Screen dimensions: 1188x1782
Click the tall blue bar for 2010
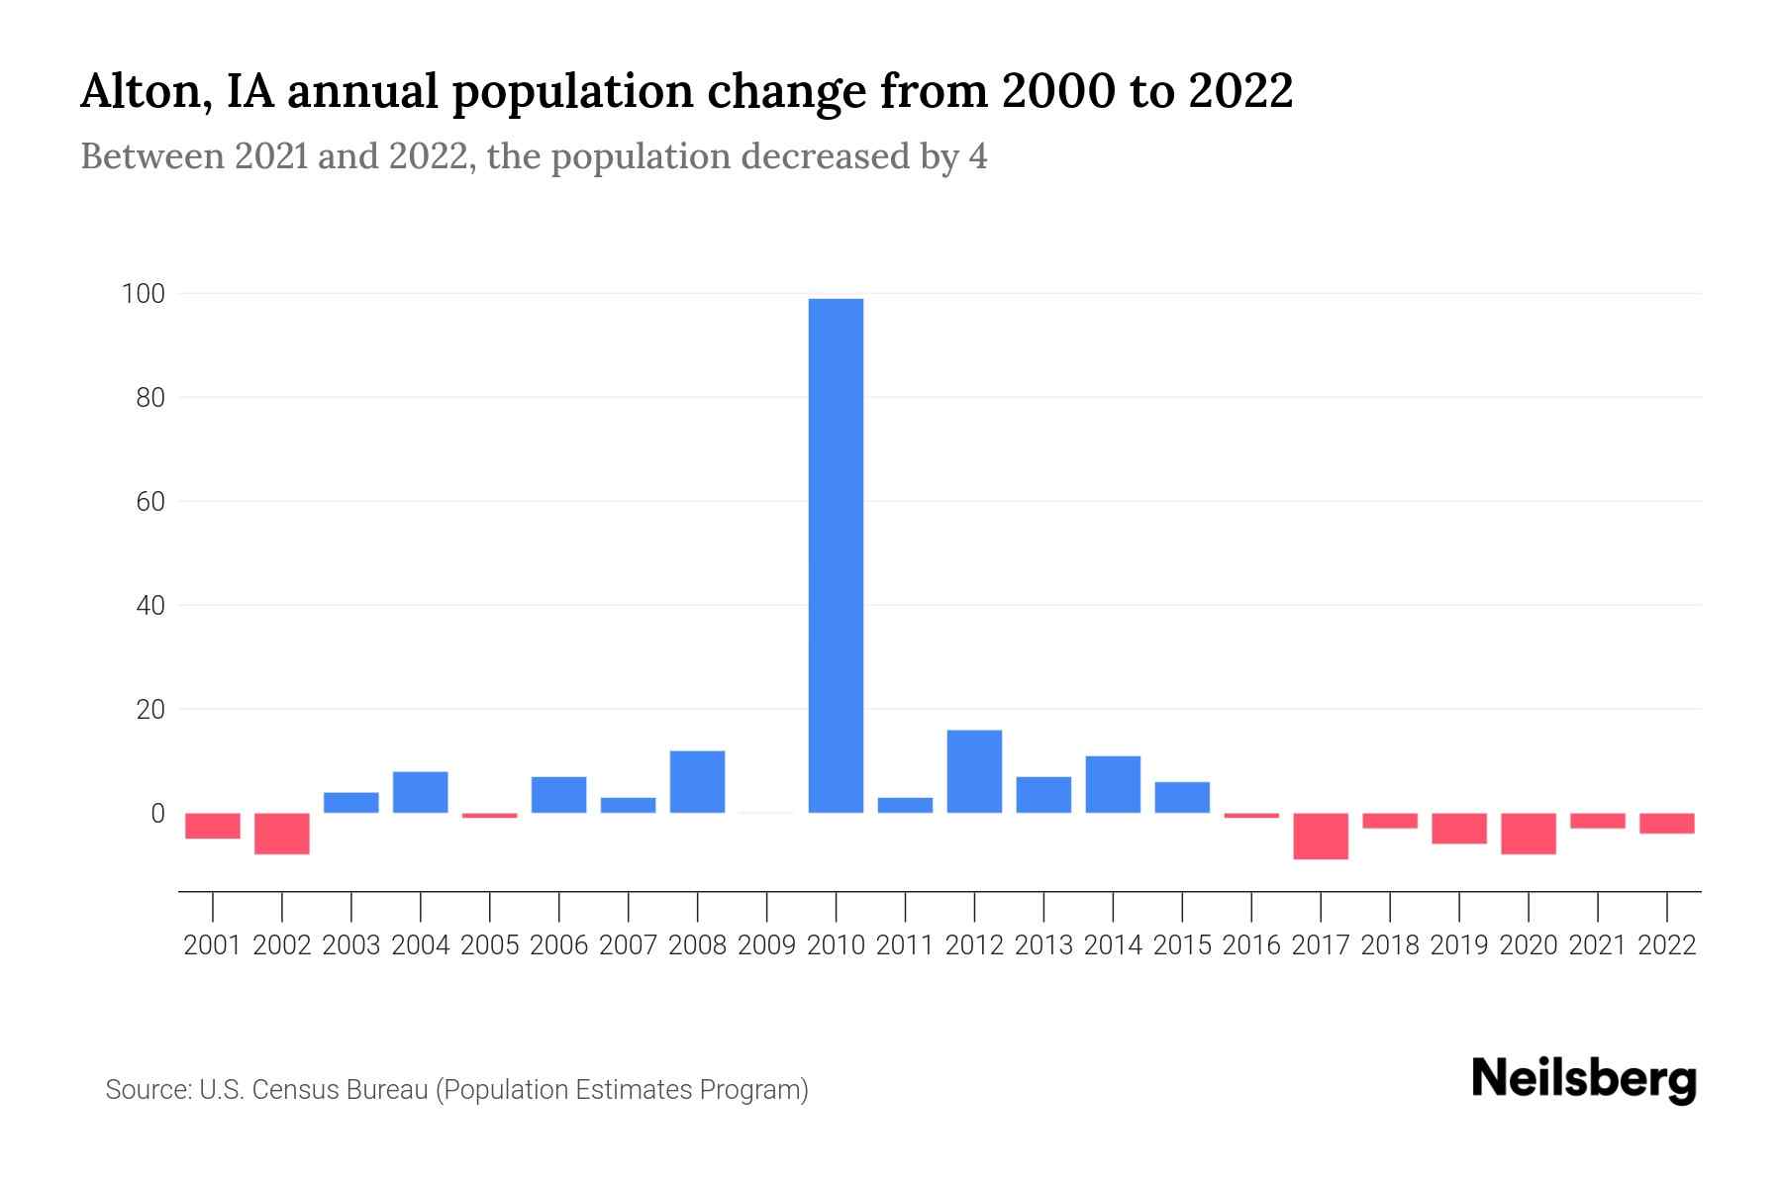pyautogui.click(x=836, y=554)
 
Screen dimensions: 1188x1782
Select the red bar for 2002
pyautogui.click(x=282, y=834)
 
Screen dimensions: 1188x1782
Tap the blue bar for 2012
pyautogui.click(x=974, y=771)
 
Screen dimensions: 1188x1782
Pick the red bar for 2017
pyautogui.click(x=1321, y=836)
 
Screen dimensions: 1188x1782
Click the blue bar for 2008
pyautogui.click(x=697, y=781)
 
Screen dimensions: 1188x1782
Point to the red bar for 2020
pyautogui.click(x=1529, y=834)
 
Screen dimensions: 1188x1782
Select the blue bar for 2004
pyautogui.click(x=420, y=792)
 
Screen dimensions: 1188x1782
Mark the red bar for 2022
pyautogui.click(x=1667, y=824)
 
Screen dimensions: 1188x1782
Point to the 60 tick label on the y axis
pyautogui.click(x=150, y=502)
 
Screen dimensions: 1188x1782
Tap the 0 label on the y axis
pyautogui.click(x=157, y=814)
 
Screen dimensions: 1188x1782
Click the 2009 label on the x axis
pyautogui.click(x=766, y=945)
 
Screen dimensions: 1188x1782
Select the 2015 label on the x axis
pyautogui.click(x=1182, y=945)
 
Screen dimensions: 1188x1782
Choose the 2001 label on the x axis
pyautogui.click(x=213, y=945)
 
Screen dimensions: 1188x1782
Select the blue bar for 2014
pyautogui.click(x=1113, y=784)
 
